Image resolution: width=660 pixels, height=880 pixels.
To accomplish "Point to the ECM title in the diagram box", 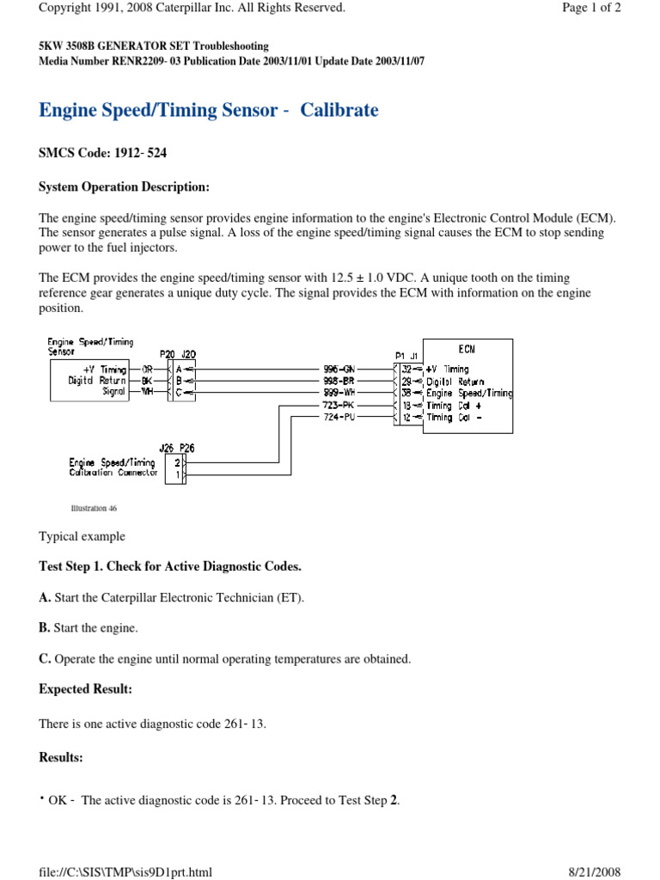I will click(466, 349).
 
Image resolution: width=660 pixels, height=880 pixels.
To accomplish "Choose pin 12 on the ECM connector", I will click(407, 417).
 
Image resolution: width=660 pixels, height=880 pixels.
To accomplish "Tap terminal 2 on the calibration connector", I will click(177, 462).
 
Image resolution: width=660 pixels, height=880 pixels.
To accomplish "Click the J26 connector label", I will click(167, 447).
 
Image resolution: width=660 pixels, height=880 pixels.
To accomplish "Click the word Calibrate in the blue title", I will click(339, 111).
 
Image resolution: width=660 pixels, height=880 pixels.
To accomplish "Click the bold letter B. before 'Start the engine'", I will click(44, 628).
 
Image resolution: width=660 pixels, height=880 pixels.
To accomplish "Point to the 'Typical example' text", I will click(82, 536).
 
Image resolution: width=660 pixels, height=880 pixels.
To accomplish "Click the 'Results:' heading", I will click(61, 757).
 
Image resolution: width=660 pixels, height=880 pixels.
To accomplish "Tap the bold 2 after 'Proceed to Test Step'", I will click(394, 800).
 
